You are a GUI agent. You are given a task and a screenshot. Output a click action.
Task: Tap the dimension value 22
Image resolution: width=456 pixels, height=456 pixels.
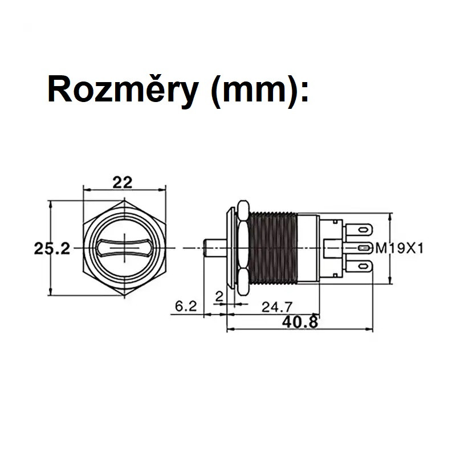(123, 182)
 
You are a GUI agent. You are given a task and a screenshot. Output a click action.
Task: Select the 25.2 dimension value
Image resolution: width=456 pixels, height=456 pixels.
(51, 249)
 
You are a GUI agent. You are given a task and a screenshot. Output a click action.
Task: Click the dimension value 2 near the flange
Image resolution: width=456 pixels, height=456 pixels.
(219, 296)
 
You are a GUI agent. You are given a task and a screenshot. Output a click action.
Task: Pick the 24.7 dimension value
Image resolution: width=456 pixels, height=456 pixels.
(274, 307)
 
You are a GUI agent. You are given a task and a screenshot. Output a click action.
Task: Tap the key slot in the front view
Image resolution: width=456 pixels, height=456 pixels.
(124, 249)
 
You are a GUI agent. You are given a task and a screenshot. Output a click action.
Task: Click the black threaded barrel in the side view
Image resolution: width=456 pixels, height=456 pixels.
(272, 249)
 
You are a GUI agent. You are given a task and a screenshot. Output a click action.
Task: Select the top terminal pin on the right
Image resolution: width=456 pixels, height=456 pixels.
(358, 230)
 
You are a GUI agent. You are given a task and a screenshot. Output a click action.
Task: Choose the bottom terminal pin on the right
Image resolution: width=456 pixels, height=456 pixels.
(358, 266)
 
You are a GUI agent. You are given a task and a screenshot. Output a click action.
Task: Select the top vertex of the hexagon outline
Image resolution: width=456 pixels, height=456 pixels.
(124, 201)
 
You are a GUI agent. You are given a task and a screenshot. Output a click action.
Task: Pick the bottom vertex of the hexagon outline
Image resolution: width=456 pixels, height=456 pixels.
(124, 296)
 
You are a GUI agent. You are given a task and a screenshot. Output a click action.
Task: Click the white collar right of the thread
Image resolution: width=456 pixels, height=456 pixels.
(308, 249)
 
